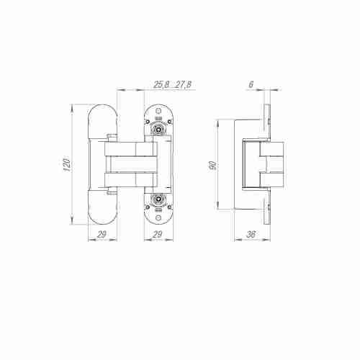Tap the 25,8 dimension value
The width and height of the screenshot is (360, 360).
click(161, 84)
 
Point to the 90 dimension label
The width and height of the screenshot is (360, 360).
click(212, 165)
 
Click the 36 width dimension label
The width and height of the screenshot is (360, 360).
click(251, 234)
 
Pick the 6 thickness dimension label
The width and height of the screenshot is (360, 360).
click(251, 84)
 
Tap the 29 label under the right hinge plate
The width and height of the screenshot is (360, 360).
click(157, 234)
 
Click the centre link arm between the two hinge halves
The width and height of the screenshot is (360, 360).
click(130, 165)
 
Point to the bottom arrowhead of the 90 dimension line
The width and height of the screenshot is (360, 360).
click(219, 208)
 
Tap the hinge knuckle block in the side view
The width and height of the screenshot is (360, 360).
click(271, 165)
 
